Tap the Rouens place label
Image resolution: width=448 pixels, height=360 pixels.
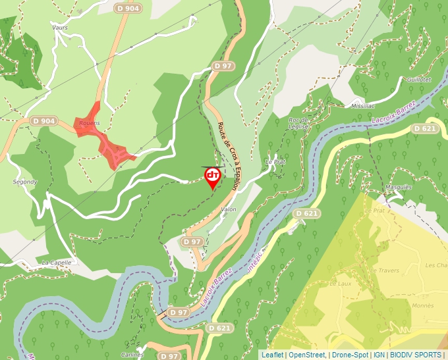click(x=89, y=123)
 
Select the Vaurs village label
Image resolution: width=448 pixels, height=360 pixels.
click(x=60, y=28)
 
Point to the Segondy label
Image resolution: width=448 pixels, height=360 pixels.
click(x=25, y=182)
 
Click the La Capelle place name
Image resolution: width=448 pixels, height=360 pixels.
click(x=56, y=262)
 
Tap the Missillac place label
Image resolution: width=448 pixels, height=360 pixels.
click(x=363, y=105)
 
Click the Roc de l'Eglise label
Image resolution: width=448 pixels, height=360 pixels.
click(x=298, y=123)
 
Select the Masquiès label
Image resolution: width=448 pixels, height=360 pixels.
click(x=399, y=187)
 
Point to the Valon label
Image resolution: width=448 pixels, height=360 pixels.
click(x=229, y=209)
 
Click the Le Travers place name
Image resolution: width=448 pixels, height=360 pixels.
click(x=385, y=270)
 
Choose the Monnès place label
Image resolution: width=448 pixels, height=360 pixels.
click(x=422, y=306)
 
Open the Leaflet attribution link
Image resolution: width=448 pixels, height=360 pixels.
click(x=272, y=355)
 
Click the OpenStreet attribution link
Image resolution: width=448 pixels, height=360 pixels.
click(x=308, y=355)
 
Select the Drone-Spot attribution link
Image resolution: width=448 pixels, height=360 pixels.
click(x=350, y=355)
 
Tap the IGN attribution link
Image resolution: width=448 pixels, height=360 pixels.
click(x=379, y=355)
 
